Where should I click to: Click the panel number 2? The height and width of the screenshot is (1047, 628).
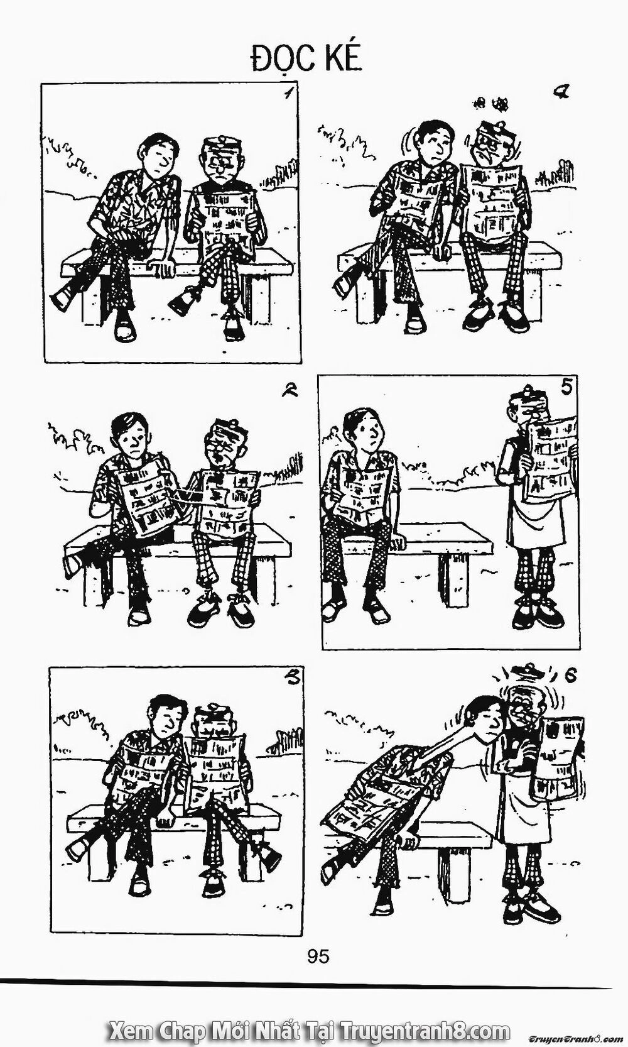(x=290, y=391)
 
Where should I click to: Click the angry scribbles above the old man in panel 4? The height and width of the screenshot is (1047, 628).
(x=490, y=102)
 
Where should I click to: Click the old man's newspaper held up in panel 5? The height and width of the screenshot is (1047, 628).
(x=549, y=458)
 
